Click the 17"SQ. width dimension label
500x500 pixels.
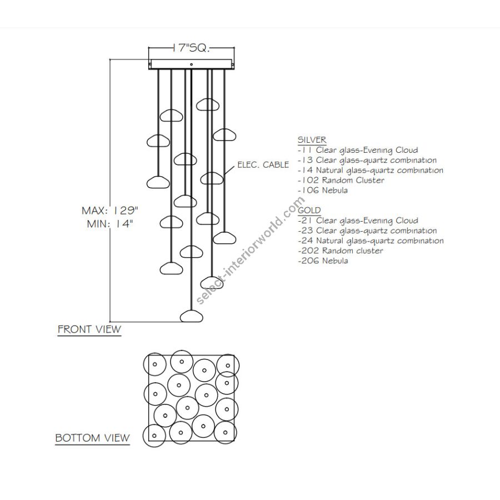coord(191,48)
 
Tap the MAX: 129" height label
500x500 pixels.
coord(110,211)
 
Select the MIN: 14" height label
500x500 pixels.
coord(110,224)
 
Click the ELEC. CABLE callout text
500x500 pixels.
coord(263,165)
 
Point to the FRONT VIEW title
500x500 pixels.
coord(89,329)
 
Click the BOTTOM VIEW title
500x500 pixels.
coord(92,438)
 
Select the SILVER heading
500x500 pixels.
coord(312,140)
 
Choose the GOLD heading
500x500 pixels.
coord(309,211)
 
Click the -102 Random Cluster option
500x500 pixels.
coord(341,180)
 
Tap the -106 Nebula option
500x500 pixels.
coord(323,191)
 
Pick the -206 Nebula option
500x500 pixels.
coord(323,261)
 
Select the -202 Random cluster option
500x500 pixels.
coord(341,251)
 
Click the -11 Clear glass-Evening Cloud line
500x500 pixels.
coord(358,150)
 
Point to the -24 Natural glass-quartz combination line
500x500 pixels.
coord(371,241)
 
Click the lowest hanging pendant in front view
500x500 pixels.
coord(191,316)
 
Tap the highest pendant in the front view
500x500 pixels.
coord(208,104)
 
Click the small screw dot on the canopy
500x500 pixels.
coord(191,64)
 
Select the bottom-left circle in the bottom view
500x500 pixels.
coord(154,436)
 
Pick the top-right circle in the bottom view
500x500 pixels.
coord(228,366)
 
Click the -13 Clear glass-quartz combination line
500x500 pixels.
coord(367,160)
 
